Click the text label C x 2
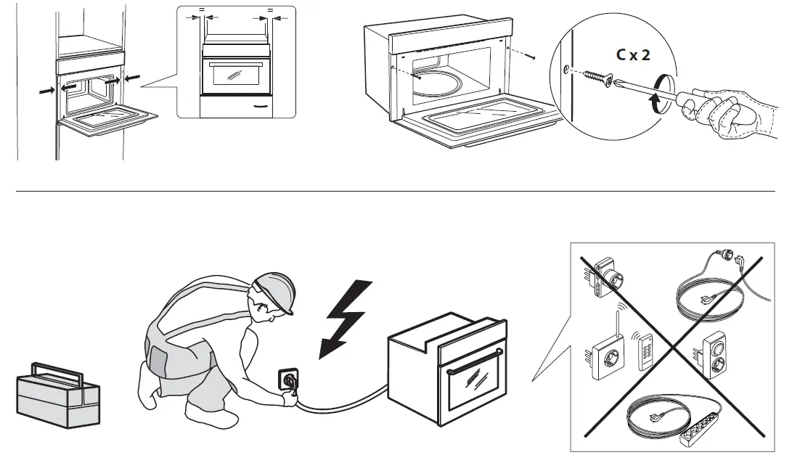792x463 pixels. [x=633, y=54]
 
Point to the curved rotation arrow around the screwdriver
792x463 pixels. [x=661, y=95]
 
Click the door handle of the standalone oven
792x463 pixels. [x=475, y=363]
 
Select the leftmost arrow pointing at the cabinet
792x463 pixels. [x=45, y=92]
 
